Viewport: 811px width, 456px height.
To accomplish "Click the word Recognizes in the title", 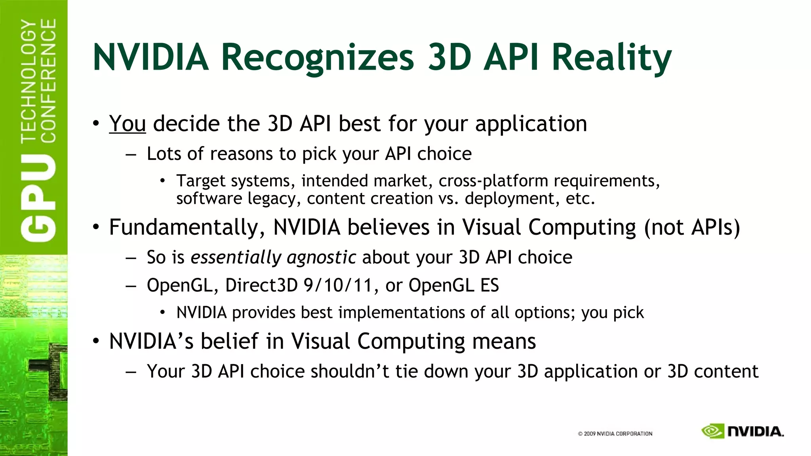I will coord(317,57).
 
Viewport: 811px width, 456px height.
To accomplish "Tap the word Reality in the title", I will coord(611,57).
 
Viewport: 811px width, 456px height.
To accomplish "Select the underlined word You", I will coord(128,123).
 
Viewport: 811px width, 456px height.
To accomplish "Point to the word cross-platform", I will coord(493,181).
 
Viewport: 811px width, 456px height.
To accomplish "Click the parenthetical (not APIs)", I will coord(692,228).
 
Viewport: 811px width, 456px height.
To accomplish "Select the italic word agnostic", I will coord(321,258).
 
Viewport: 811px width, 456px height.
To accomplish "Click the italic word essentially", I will coord(236,258).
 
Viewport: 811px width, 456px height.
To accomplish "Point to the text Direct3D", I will coord(261,285).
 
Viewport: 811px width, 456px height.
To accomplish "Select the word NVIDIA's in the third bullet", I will coord(151,341).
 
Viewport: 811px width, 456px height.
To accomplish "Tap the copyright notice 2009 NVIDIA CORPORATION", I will coord(615,433).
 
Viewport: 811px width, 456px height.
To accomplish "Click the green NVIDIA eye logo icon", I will coord(713,431).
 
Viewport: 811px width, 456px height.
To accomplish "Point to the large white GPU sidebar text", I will coord(38,198).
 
